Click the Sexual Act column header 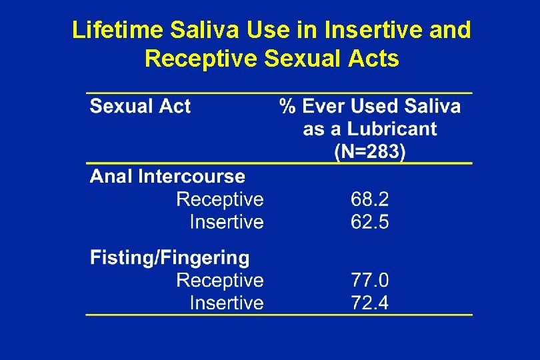[141, 106]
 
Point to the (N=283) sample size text [369, 151]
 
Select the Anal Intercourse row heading [167, 177]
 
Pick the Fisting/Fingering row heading [170, 257]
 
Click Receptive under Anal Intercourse [220, 199]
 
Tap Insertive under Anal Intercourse [227, 222]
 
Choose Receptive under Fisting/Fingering [220, 280]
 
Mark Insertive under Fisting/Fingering [227, 303]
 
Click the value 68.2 [370, 199]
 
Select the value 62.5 [370, 222]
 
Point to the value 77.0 [370, 280]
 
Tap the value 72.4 [370, 303]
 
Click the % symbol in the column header [287, 106]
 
